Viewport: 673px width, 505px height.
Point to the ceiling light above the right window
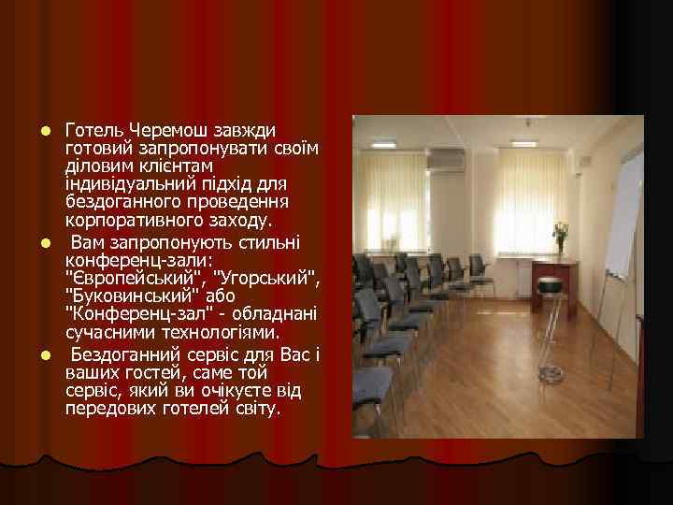(x=525, y=143)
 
